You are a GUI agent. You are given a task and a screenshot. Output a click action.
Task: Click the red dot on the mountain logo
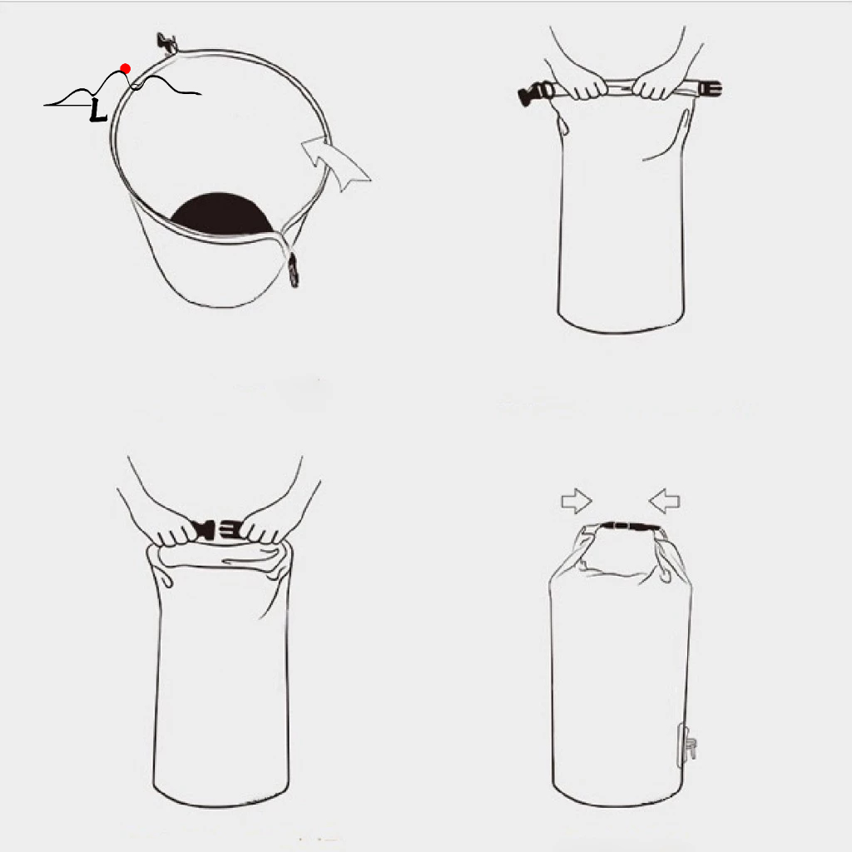pos(126,68)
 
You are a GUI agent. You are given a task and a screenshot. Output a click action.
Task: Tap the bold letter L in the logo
pos(98,110)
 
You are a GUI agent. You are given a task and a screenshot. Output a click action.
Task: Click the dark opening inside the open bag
pos(221,213)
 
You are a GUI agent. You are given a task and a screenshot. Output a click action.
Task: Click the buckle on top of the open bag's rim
pos(166,43)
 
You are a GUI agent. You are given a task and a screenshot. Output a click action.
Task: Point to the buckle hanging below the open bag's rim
pos(294,270)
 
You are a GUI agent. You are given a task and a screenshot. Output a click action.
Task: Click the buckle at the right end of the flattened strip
pos(711,88)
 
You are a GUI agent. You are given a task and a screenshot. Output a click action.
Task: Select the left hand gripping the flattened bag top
pos(582,84)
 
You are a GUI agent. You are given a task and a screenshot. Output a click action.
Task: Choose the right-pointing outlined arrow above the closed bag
pos(577,501)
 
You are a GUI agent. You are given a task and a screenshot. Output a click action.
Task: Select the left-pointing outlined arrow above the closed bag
pos(665,501)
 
